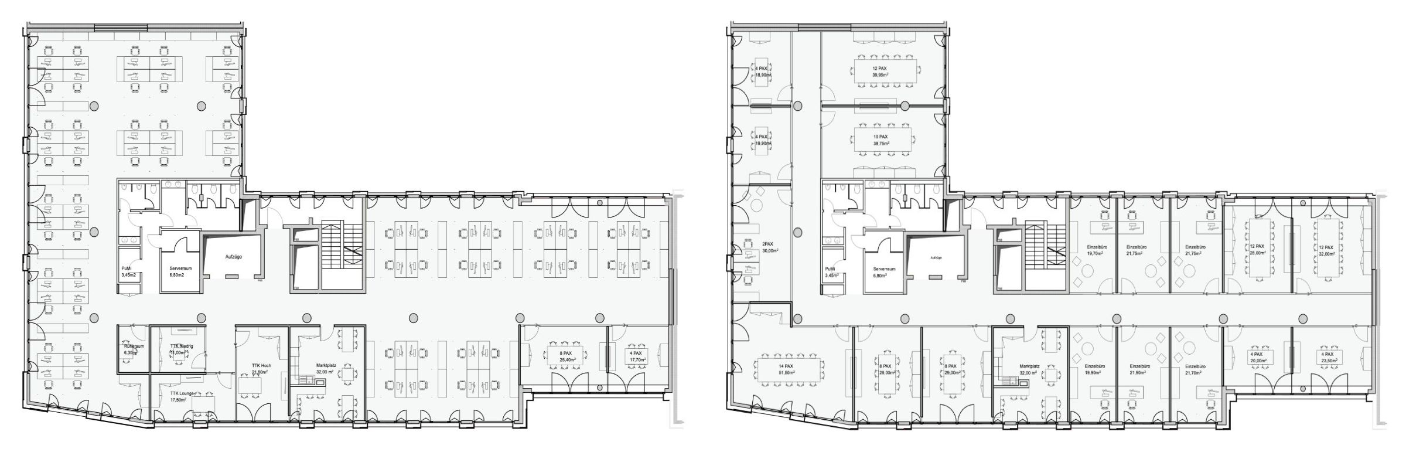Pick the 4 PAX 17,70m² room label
tap(634, 357)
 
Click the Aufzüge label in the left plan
tap(234, 257)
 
